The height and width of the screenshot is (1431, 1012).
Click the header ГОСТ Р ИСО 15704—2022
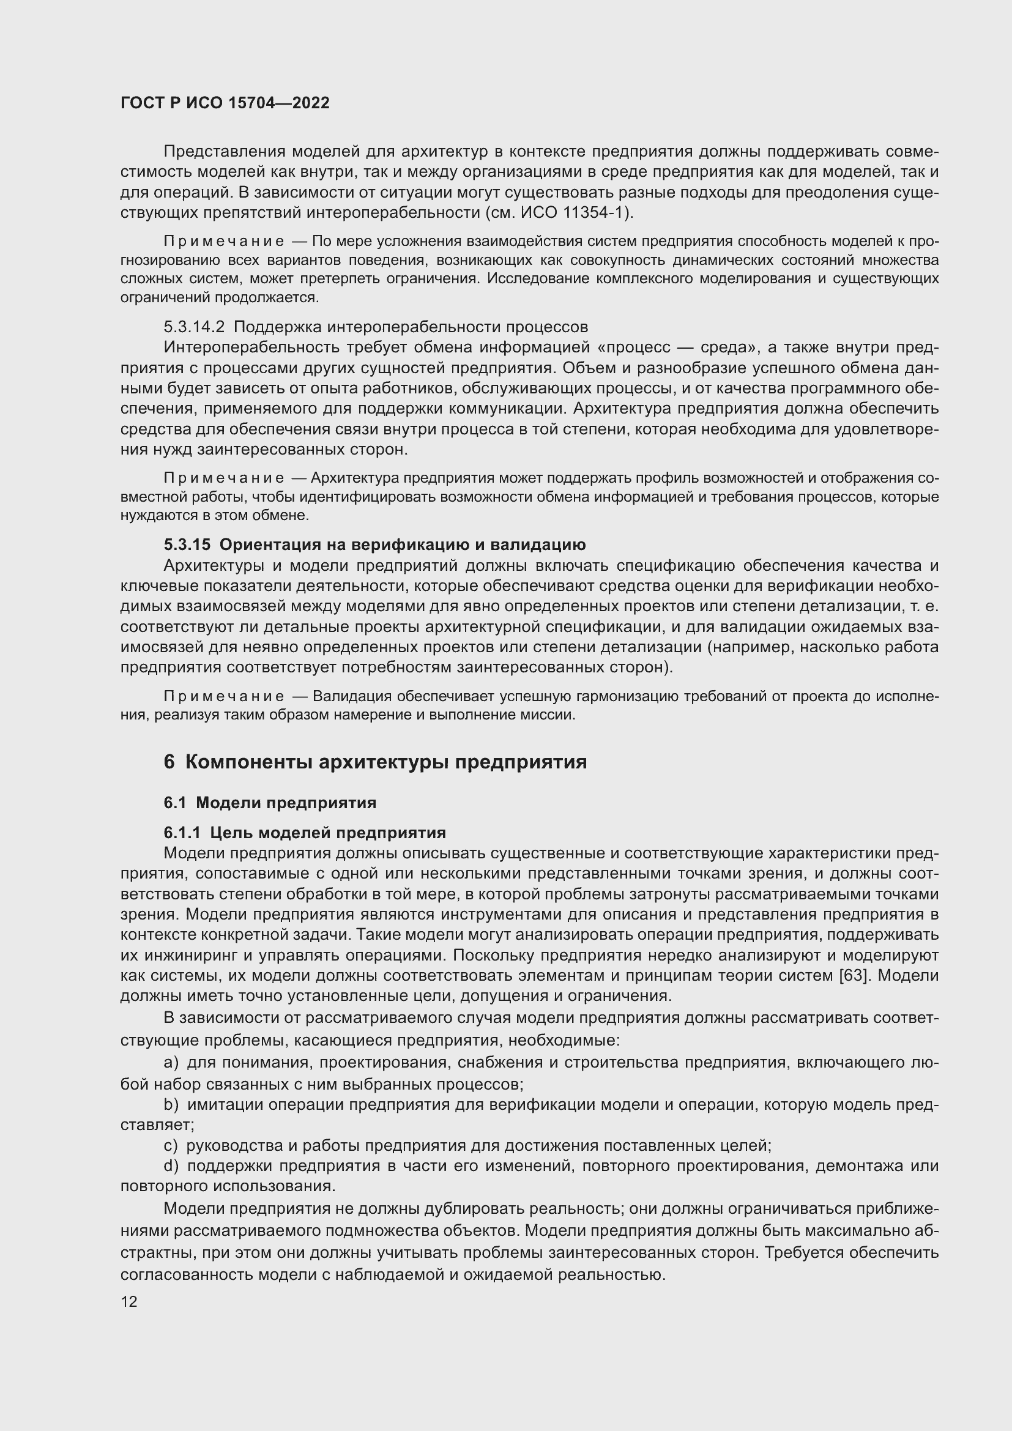point(225,103)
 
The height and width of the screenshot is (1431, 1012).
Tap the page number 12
point(129,1301)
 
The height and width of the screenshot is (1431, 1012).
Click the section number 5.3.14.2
point(194,327)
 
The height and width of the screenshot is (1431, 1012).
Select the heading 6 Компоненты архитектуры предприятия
point(375,762)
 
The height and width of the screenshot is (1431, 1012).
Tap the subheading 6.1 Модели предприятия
point(270,803)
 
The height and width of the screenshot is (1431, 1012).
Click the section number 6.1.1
point(182,833)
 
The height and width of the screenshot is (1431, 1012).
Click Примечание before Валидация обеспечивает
point(224,696)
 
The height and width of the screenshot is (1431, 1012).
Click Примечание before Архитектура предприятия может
point(224,478)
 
